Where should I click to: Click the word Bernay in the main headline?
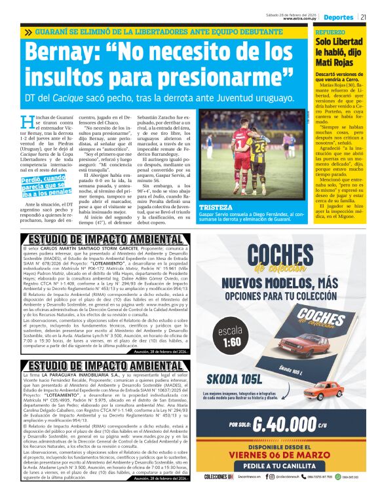66,52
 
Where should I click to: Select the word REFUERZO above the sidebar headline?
330,31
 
